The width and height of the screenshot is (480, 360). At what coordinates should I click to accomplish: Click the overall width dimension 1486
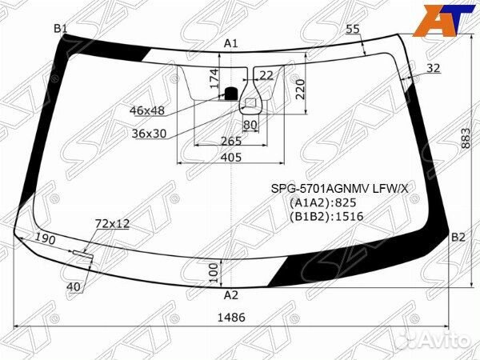(x=231, y=317)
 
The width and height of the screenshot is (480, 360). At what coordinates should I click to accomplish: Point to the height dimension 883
(x=466, y=138)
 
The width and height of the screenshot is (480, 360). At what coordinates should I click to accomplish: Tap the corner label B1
(x=61, y=29)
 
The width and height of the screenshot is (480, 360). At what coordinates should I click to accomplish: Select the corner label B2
(x=458, y=238)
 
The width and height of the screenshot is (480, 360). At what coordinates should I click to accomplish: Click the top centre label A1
(x=231, y=43)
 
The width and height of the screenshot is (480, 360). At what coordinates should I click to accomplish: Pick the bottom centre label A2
(x=231, y=295)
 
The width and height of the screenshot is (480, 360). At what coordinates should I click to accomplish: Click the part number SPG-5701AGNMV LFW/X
(x=340, y=189)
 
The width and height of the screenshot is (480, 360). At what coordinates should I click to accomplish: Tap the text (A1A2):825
(x=322, y=202)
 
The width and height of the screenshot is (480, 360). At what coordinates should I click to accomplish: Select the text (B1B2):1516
(x=326, y=217)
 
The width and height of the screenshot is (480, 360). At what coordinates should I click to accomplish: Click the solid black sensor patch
(x=231, y=94)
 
